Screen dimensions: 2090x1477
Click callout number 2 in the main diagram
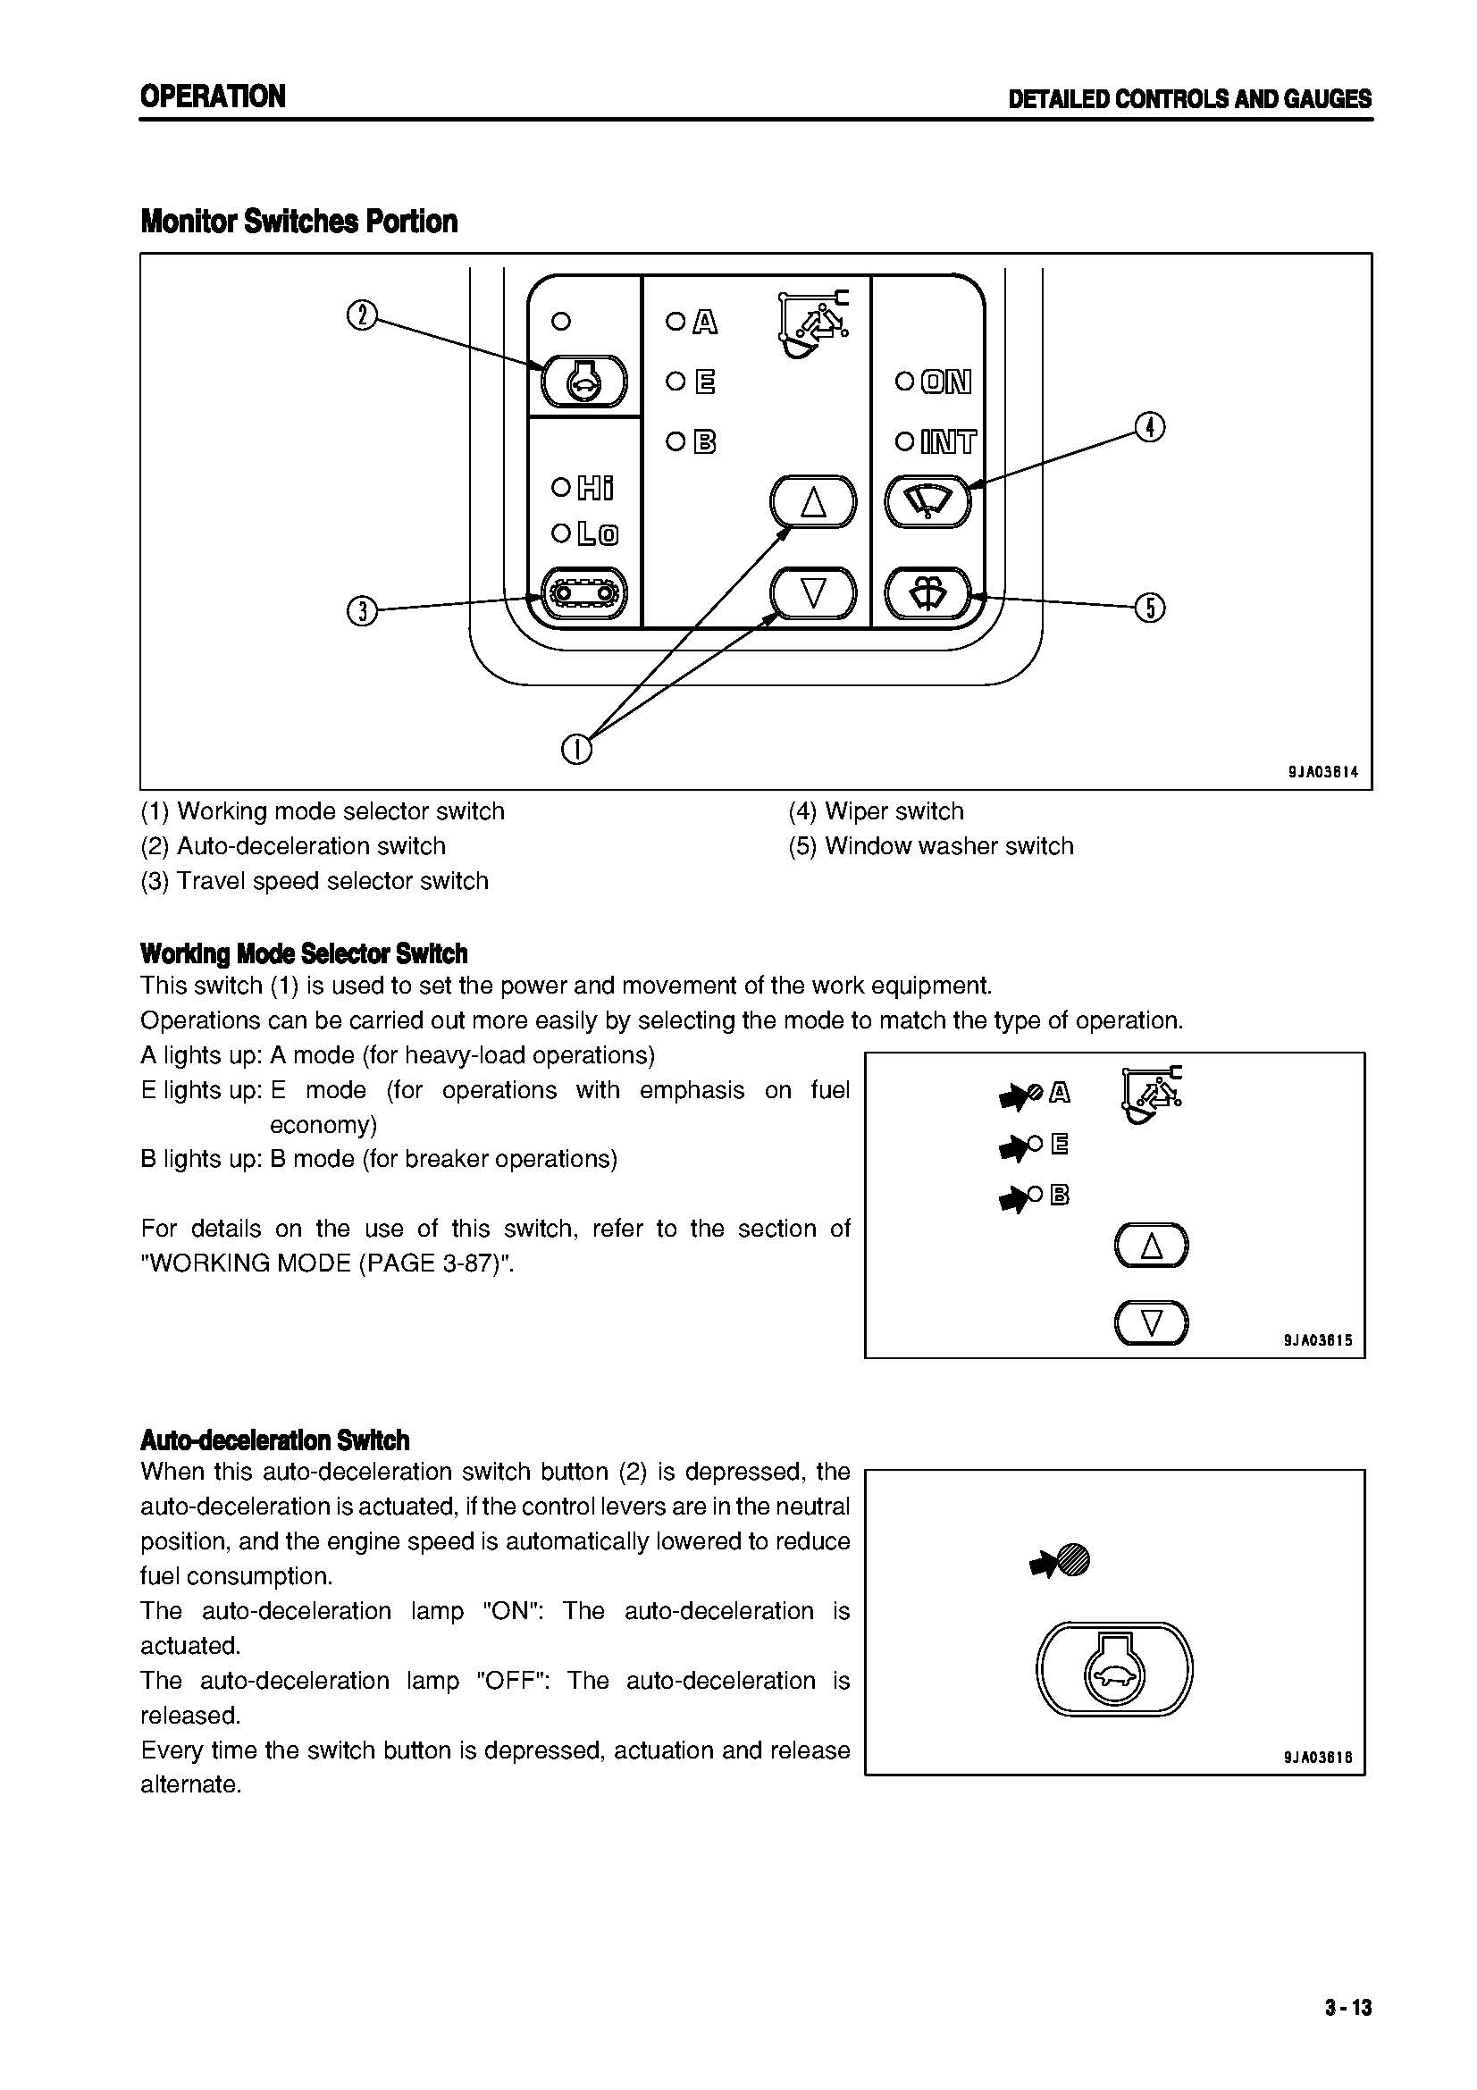pyautogui.click(x=362, y=317)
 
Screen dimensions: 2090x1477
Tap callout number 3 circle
pyautogui.click(x=362, y=610)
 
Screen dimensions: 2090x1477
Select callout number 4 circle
pyautogui.click(x=1150, y=427)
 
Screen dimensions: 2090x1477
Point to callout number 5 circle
pyautogui.click(x=1150, y=607)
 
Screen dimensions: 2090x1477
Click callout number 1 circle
pyautogui.click(x=577, y=750)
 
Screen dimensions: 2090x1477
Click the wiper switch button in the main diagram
pyautogui.click(x=929, y=501)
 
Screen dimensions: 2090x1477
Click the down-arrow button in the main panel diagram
pyautogui.click(x=814, y=593)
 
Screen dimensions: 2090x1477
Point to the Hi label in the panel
pyautogui.click(x=595, y=489)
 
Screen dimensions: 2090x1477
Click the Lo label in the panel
pyautogui.click(x=597, y=534)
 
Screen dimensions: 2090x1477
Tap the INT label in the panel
pyautogui.click(x=947, y=443)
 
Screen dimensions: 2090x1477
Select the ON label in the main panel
pyautogui.click(x=945, y=382)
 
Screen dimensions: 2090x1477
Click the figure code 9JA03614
pyautogui.click(x=1322, y=772)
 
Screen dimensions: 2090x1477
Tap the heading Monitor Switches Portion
pyautogui.click(x=298, y=222)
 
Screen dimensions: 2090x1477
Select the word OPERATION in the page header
pyautogui.click(x=213, y=97)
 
